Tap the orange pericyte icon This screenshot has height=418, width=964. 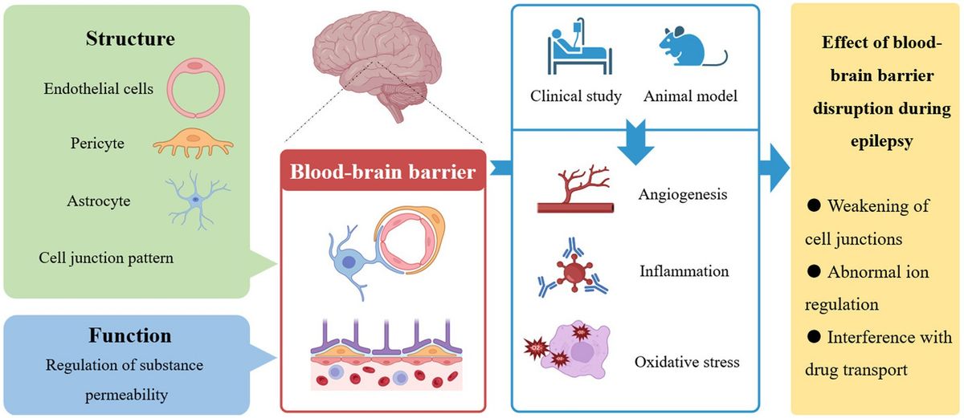click(x=192, y=144)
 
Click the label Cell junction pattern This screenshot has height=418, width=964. click(x=105, y=258)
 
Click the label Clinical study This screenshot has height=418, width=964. click(x=576, y=96)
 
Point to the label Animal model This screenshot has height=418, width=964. click(x=690, y=96)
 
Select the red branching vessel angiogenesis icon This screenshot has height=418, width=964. click(x=576, y=193)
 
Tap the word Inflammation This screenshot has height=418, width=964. click(x=684, y=271)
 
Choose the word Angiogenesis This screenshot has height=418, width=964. click(x=684, y=193)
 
